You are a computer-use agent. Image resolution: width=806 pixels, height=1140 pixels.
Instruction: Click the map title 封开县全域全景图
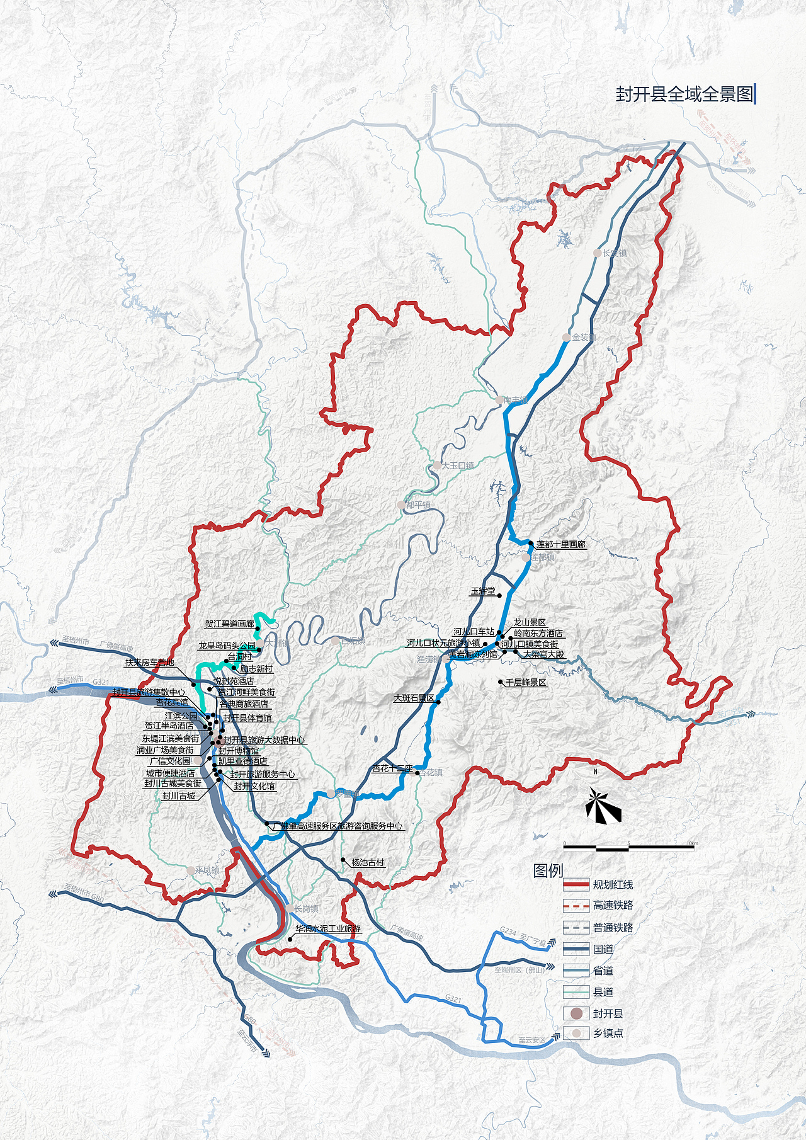(684, 94)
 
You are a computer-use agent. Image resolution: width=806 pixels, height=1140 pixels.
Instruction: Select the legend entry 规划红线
(613, 885)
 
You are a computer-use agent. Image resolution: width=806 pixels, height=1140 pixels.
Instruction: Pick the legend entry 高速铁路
(613, 906)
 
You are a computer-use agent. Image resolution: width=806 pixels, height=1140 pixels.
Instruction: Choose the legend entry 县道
(603, 992)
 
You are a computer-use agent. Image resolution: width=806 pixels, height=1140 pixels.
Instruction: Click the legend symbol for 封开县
(576, 1013)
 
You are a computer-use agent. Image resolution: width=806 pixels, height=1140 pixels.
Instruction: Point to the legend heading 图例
(548, 870)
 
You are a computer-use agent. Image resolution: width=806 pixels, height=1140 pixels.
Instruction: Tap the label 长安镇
(615, 253)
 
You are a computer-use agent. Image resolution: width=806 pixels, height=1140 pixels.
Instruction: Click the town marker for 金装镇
(566, 338)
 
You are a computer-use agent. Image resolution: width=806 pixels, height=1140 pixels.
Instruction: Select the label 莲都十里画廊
(560, 544)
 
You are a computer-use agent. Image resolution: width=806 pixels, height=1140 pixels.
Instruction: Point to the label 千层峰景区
(526, 683)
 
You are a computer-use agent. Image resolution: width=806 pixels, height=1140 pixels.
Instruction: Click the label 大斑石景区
(414, 698)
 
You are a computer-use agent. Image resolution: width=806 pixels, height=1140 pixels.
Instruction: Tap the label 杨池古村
(368, 863)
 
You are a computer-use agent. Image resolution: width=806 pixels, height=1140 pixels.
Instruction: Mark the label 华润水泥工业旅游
(328, 929)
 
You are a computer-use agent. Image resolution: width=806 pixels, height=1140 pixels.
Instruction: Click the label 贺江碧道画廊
(229, 624)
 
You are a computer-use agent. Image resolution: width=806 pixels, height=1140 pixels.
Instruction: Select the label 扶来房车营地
(149, 663)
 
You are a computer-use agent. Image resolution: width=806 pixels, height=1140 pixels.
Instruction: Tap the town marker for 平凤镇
(190, 870)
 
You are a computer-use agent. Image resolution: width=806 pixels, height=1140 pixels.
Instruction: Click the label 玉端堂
(483, 591)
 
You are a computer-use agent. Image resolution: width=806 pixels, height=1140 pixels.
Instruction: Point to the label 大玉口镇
(458, 466)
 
